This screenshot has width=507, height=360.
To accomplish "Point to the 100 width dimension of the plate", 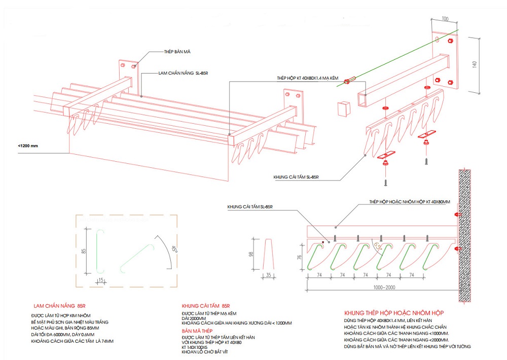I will click(445, 19).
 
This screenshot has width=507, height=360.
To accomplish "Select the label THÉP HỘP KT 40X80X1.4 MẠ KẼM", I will click(306, 78).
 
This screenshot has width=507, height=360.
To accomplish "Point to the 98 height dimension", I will click(250, 255).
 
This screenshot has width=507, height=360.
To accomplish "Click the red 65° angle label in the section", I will click(377, 245).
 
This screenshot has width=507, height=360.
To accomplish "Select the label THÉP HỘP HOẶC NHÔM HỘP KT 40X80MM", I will click(410, 202).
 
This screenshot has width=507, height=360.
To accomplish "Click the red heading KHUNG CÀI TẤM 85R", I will click(206, 306).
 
